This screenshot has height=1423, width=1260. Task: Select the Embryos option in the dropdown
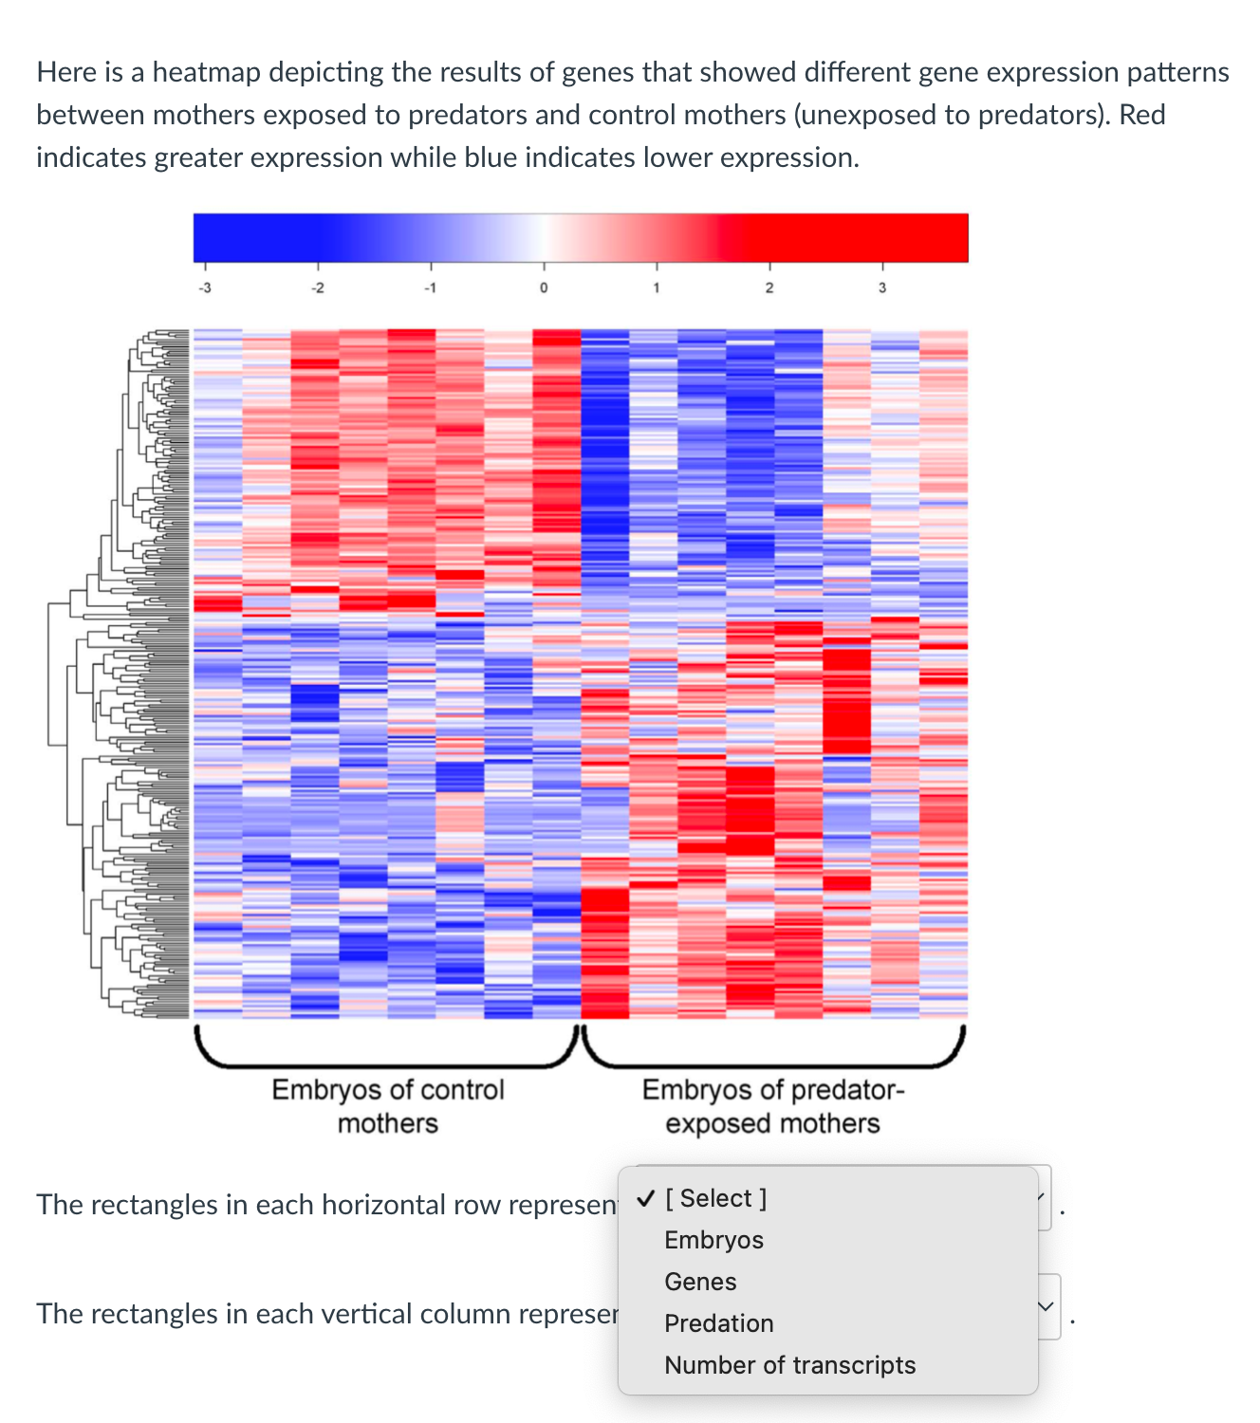(x=713, y=1240)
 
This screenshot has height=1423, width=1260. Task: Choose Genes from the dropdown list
(x=700, y=1282)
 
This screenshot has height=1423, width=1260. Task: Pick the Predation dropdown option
(x=718, y=1323)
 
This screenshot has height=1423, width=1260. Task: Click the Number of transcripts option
(x=789, y=1365)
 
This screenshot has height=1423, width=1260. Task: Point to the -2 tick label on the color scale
(x=318, y=287)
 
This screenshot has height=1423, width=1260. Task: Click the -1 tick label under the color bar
(x=430, y=287)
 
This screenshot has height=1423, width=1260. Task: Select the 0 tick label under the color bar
(x=544, y=287)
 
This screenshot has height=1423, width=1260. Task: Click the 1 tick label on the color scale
(x=656, y=287)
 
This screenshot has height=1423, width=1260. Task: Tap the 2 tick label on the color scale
(x=769, y=287)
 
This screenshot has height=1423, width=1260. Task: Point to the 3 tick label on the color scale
(x=881, y=287)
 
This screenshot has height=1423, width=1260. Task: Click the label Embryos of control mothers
(x=388, y=1106)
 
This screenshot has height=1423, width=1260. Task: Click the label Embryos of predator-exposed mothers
(x=773, y=1106)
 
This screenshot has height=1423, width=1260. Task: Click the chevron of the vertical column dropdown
(x=1046, y=1307)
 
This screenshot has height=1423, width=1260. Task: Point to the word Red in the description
(x=1141, y=115)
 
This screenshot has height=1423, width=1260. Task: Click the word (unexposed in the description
(x=864, y=115)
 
